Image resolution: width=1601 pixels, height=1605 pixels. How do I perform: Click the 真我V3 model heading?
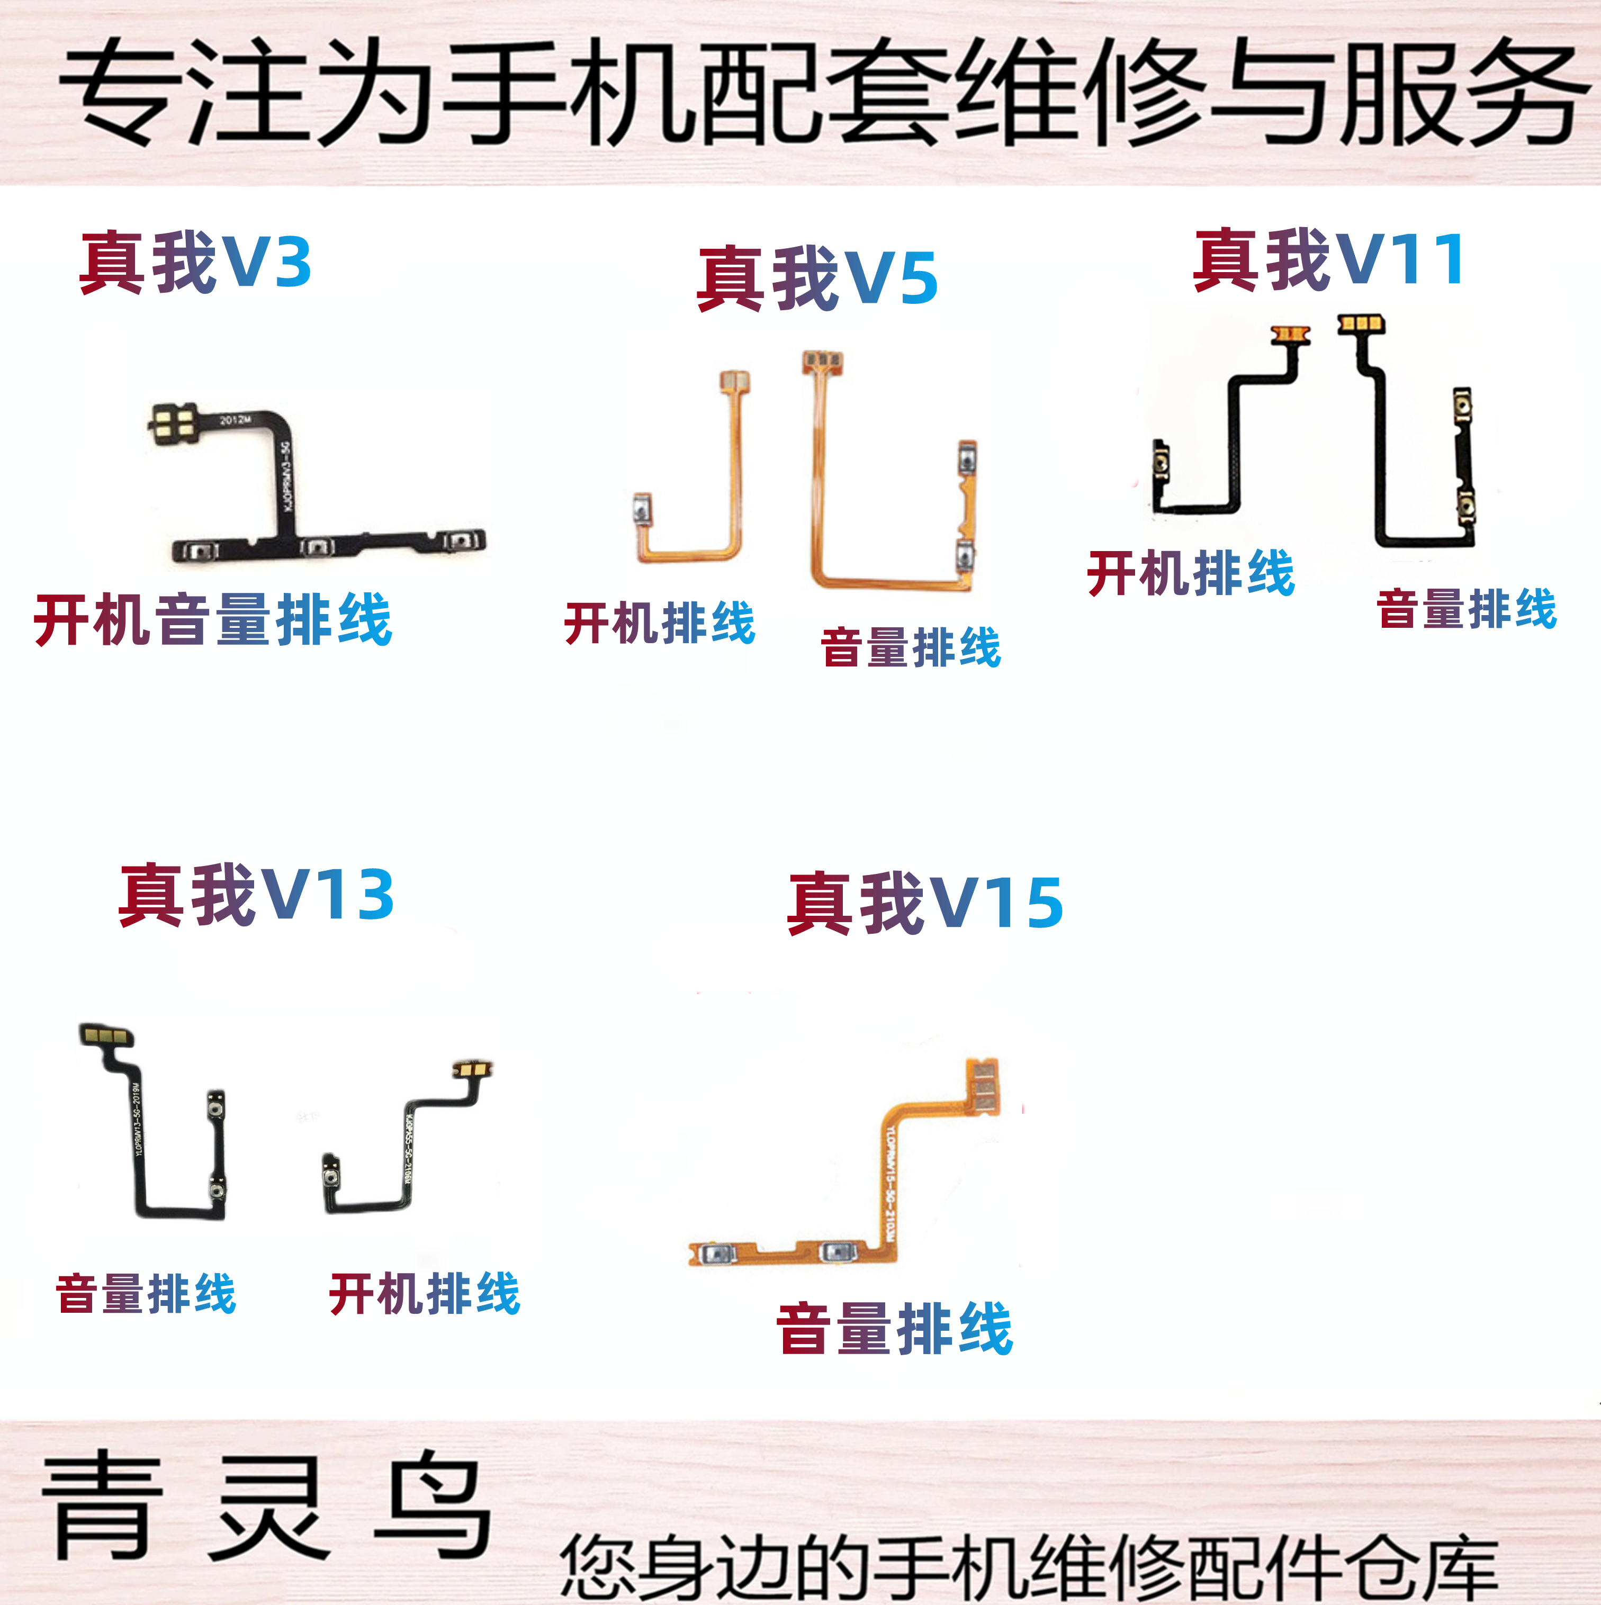pos(195,263)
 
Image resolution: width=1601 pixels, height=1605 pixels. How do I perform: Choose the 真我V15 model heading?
pos(925,903)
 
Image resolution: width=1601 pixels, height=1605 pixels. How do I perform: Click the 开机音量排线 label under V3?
pos(213,620)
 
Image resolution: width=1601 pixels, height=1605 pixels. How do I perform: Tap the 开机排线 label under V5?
pos(660,623)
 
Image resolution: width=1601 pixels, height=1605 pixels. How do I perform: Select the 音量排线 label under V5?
pos(911,648)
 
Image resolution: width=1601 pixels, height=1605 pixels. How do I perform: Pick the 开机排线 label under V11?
pos(1191,573)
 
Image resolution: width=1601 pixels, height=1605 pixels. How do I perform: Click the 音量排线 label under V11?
pos(1467,609)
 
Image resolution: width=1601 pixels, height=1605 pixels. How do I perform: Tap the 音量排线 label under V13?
pos(146,1293)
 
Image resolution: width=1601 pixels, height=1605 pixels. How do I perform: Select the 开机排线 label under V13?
pos(425,1293)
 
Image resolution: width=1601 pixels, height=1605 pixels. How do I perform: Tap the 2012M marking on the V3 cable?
pos(235,420)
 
